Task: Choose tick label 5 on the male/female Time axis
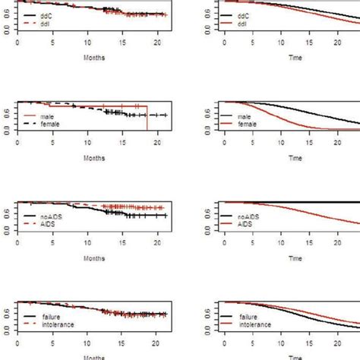pos(256,142)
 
